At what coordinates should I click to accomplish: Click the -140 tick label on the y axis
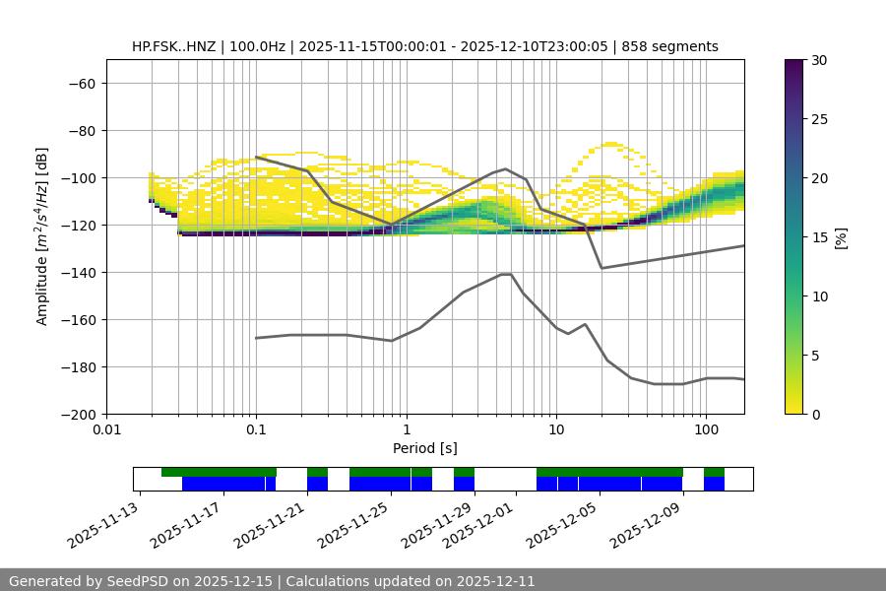80,273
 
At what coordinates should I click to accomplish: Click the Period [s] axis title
425,449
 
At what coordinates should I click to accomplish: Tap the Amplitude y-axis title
41,236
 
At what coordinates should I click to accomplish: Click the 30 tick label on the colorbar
818,60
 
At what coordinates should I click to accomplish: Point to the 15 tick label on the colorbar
818,237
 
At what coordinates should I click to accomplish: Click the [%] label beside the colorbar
841,237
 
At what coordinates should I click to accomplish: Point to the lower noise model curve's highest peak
506,274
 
